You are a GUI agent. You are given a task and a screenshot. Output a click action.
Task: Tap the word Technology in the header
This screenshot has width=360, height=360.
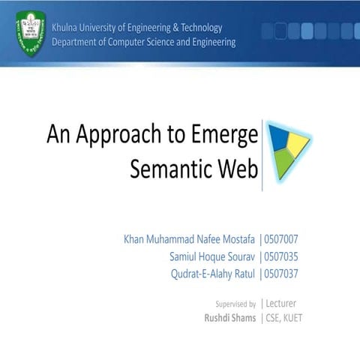[197, 28]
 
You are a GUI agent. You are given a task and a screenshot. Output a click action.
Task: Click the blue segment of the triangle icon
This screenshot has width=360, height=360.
[279, 136]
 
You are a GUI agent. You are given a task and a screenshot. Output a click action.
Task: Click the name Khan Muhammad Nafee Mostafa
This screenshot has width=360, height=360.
[189, 240]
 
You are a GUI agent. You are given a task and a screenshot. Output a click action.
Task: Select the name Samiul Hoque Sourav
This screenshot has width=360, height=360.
[212, 256]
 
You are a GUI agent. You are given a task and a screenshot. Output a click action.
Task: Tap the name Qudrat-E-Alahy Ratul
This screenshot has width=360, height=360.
[213, 273]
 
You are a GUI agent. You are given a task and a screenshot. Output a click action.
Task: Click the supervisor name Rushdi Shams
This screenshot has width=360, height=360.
[229, 318]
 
